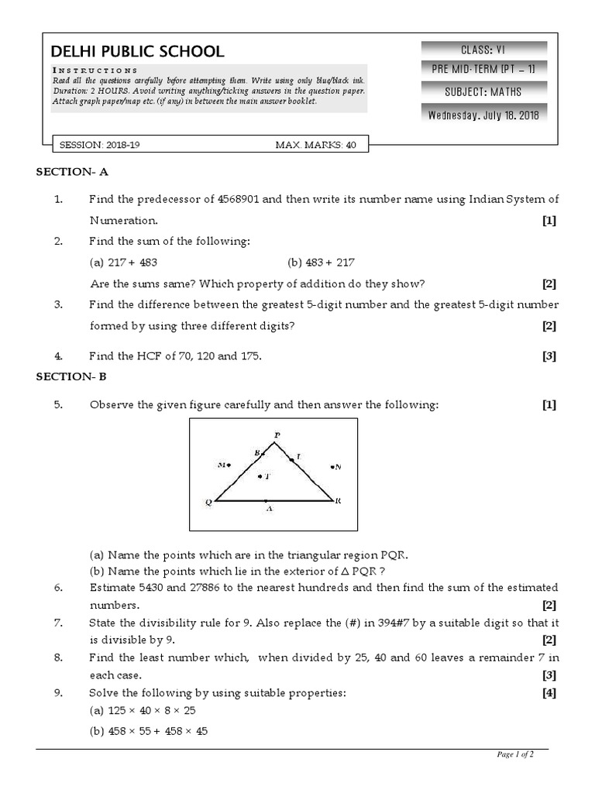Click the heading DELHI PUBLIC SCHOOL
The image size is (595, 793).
point(137,52)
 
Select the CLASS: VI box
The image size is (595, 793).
point(483,49)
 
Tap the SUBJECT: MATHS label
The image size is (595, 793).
point(483,92)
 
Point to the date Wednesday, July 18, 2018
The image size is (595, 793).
point(483,115)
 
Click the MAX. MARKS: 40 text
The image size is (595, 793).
point(315,145)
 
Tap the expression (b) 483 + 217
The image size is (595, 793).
point(321,263)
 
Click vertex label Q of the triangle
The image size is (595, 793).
point(208,502)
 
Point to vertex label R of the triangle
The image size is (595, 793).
point(338,501)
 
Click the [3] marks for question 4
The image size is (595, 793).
point(549,356)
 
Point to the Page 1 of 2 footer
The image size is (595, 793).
point(514,755)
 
